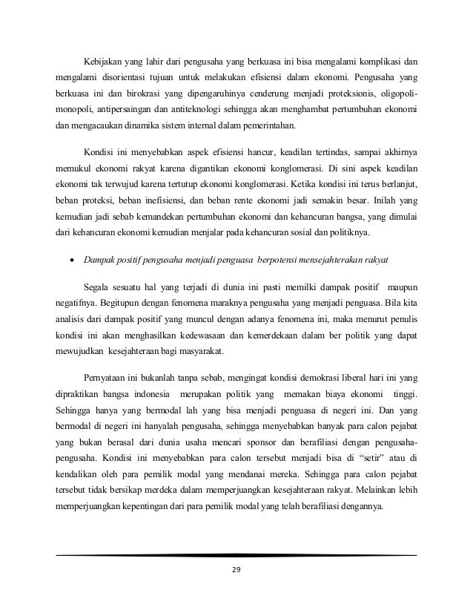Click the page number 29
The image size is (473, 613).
coord(236,569)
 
